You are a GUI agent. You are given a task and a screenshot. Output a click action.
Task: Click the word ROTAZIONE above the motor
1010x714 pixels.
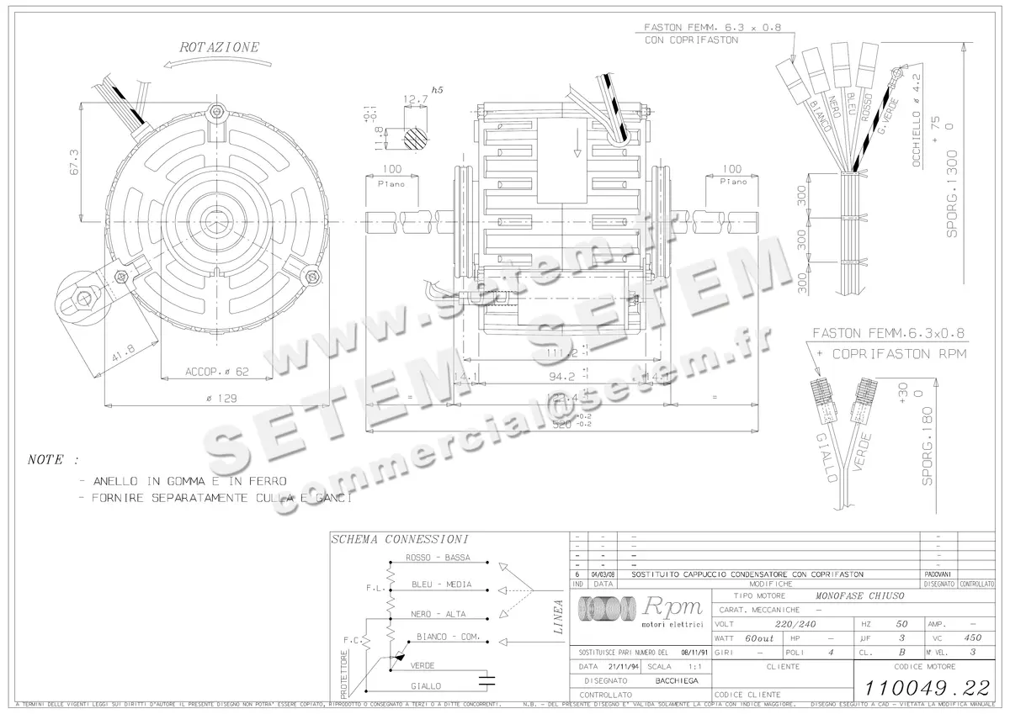(x=220, y=48)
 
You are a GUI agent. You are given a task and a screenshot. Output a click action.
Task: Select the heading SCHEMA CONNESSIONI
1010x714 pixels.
(x=399, y=539)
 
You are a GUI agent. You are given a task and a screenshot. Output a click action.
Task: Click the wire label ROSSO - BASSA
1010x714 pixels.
(x=438, y=558)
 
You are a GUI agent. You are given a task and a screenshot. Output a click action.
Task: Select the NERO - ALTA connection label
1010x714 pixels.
(x=439, y=614)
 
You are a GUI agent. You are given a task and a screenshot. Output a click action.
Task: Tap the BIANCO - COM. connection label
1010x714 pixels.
(x=448, y=637)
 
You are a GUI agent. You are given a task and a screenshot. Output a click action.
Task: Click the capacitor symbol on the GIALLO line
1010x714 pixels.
(x=486, y=679)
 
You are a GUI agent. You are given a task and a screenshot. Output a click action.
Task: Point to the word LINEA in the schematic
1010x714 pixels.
(x=558, y=614)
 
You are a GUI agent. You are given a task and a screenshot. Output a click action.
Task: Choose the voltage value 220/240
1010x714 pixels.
(x=795, y=624)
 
